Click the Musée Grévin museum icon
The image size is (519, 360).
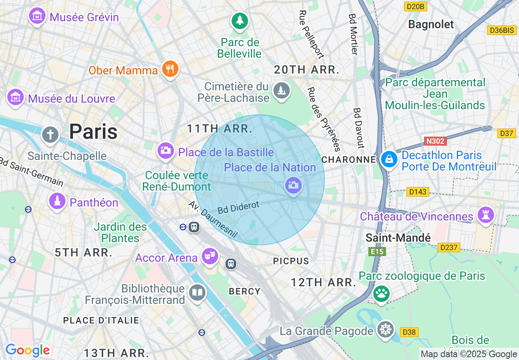(37, 16)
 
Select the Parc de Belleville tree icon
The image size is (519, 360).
(239, 20)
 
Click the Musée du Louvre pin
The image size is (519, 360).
(15, 97)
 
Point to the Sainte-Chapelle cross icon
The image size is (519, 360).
(50, 134)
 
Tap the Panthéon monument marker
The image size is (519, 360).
(57, 201)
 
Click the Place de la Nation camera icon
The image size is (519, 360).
(293, 185)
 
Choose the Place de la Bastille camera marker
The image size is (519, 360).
(165, 151)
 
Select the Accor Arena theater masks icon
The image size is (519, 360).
(210, 256)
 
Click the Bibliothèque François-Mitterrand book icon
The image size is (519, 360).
(197, 292)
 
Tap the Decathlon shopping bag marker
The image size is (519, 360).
(389, 159)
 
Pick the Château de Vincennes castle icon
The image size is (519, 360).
(485, 215)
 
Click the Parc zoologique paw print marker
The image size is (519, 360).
(381, 293)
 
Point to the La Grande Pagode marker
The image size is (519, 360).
(385, 329)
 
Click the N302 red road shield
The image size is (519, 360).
(435, 141)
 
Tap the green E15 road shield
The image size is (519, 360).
(377, 252)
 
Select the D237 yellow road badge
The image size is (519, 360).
(449, 247)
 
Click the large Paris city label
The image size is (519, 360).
(93, 132)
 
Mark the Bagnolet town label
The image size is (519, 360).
(431, 25)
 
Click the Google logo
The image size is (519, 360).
(27, 350)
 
